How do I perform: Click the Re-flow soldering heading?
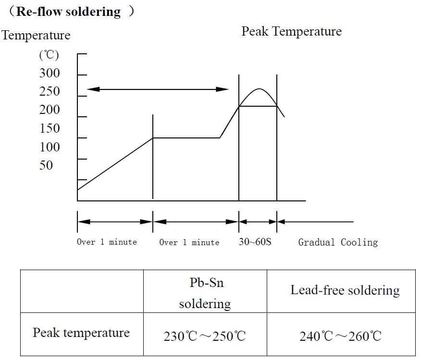[x=68, y=12]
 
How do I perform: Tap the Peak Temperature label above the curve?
[x=291, y=32]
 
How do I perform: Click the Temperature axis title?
[x=36, y=36]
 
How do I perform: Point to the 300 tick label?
[x=50, y=73]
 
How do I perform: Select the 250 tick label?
[x=50, y=91]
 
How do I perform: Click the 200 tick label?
[x=50, y=110]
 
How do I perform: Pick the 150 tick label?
[x=50, y=128]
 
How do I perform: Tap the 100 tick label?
[x=50, y=147]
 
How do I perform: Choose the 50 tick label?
[x=46, y=165]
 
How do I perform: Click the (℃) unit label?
[x=49, y=55]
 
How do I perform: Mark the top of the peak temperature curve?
[x=259, y=89]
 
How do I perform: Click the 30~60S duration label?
[x=255, y=242]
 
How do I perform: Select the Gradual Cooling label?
[x=338, y=242]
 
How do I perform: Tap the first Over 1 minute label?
[x=107, y=242]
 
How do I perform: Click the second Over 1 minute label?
[x=189, y=242]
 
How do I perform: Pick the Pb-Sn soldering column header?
[x=205, y=293]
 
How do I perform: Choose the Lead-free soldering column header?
[x=345, y=290]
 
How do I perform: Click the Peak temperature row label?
[x=81, y=333]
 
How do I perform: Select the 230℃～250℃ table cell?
[x=205, y=336]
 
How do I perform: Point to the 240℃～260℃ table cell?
[x=341, y=336]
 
